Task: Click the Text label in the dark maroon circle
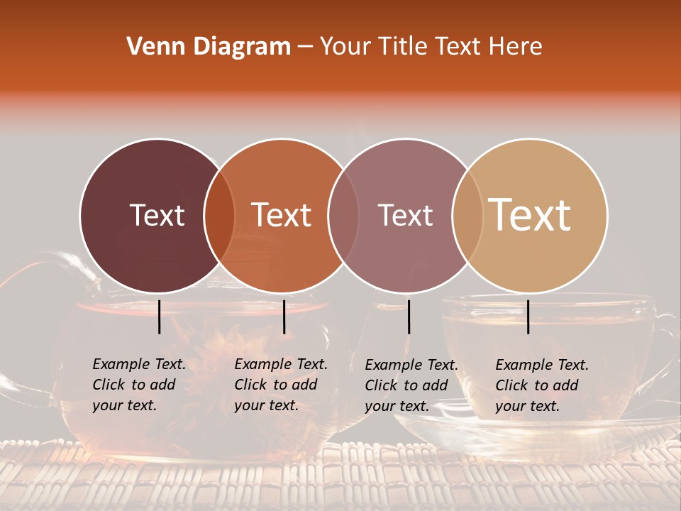[157, 215]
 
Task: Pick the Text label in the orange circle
[282, 215]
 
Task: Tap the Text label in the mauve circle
[406, 215]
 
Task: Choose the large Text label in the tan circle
[530, 215]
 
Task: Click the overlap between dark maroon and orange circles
[219, 216]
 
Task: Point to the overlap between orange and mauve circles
[343, 216]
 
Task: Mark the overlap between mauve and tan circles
[467, 216]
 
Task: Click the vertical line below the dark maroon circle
[160, 317]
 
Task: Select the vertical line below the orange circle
[284, 317]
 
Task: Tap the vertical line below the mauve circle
[409, 317]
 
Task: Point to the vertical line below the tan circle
[528, 317]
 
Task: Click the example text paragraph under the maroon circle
[138, 385]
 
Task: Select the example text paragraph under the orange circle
[280, 385]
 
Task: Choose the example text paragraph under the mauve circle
[411, 385]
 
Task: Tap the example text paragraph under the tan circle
[541, 385]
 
